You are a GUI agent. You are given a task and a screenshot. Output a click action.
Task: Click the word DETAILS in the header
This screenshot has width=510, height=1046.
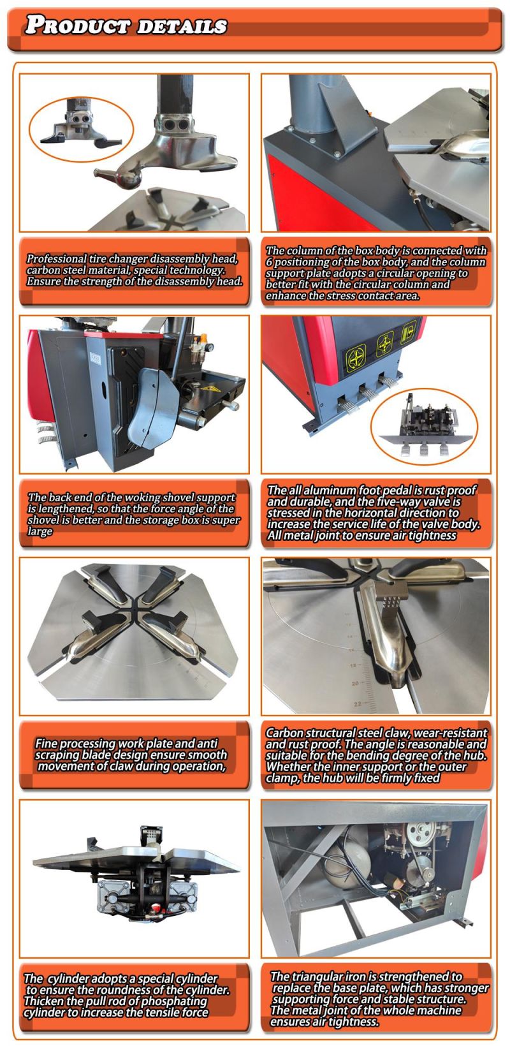[x=182, y=26]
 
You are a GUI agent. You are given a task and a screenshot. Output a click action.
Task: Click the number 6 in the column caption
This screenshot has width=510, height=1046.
[x=269, y=262]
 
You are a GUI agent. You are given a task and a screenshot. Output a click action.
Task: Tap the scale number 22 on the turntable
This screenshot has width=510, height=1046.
[x=358, y=703]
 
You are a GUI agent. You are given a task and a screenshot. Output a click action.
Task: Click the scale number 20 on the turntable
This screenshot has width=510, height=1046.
[x=355, y=683]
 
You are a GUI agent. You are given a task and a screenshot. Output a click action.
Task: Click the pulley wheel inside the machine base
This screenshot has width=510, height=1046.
[x=417, y=833]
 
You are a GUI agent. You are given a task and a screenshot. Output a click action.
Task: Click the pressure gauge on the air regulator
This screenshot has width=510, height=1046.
[x=210, y=347]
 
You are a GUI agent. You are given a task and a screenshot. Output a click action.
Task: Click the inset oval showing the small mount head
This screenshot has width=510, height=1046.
[x=82, y=129]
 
